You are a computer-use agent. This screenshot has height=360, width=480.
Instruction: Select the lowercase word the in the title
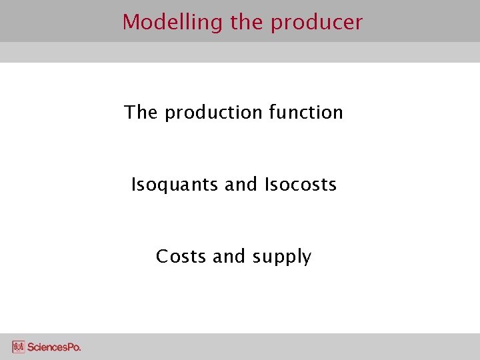tap(247, 23)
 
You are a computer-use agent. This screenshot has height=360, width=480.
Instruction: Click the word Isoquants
tap(175, 185)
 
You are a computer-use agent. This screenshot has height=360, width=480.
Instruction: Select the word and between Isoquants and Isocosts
tap(241, 184)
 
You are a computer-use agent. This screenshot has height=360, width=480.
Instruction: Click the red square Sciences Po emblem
tap(19, 347)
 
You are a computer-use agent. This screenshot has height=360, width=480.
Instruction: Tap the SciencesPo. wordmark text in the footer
tap(55, 347)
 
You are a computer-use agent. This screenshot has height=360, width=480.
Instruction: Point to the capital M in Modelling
tap(130, 23)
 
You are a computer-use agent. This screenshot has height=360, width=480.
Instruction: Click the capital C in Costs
tap(162, 256)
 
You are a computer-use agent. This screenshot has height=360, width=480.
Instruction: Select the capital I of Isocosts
tap(267, 184)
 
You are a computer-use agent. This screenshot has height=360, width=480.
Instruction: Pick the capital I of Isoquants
tap(133, 184)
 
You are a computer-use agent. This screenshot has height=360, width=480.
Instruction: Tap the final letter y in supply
tap(307, 259)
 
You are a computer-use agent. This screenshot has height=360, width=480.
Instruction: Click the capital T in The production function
tap(130, 112)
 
